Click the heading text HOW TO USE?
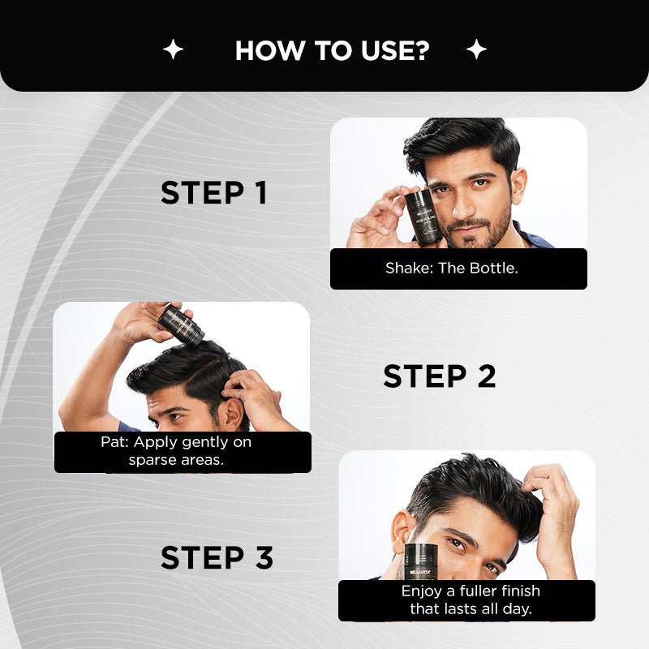pos(332,50)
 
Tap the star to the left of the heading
pos(173,50)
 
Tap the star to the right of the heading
pos(476,50)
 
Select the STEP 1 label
pos(213,193)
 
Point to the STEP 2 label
pos(439,376)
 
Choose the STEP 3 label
pos(217,558)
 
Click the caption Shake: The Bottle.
pos(451,268)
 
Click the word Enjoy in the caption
pos(422,591)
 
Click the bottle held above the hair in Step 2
pos(179,324)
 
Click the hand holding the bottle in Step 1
pos(378,219)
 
